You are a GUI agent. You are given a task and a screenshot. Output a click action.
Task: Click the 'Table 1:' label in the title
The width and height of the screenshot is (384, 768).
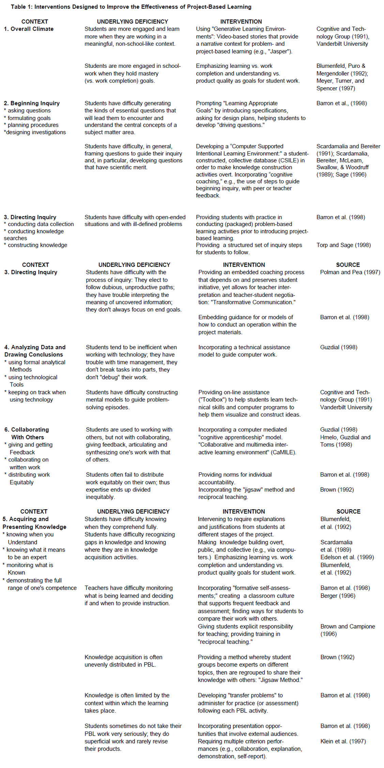click(21, 7)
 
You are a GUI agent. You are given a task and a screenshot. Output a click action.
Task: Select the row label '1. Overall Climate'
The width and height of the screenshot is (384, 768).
click(29, 29)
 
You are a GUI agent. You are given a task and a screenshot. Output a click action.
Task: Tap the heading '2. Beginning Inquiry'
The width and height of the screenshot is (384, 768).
click(32, 103)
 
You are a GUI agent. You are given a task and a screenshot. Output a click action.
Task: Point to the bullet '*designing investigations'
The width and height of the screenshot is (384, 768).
click(35, 132)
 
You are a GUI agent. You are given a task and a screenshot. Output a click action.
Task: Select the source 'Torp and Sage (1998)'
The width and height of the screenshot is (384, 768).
click(343, 245)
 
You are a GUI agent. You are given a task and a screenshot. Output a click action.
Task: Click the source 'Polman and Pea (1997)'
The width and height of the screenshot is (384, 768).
click(350, 272)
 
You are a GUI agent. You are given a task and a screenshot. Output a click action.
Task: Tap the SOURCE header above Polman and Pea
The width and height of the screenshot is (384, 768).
click(348, 265)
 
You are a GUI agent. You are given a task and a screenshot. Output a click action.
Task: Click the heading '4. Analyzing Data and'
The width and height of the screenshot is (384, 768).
click(35, 347)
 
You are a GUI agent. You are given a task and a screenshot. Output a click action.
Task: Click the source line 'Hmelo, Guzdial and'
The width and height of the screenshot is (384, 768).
click(345, 437)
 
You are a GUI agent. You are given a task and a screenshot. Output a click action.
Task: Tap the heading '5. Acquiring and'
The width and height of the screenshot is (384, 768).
click(26, 519)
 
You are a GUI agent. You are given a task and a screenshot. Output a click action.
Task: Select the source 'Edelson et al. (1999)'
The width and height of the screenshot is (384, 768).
click(347, 557)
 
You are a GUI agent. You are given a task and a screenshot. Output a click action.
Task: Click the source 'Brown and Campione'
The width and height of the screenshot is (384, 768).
click(348, 627)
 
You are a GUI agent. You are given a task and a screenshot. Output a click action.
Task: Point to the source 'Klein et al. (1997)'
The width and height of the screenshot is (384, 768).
click(343, 741)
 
